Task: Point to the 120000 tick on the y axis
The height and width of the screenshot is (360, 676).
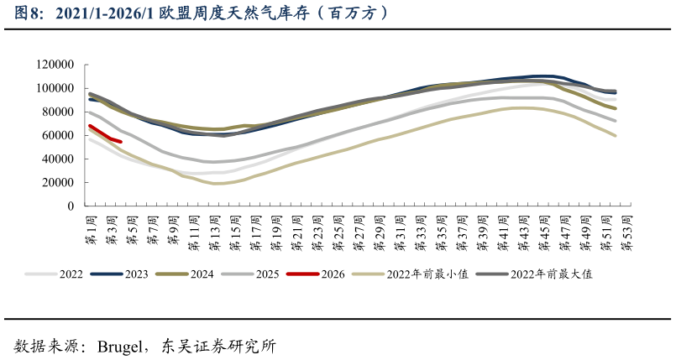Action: (56, 65)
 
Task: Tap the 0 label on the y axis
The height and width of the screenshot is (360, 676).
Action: (71, 206)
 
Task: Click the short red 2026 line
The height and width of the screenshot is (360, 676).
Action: (105, 134)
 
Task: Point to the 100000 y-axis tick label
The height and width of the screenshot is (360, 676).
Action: (56, 88)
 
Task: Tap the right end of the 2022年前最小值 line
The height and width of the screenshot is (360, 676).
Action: (615, 135)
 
